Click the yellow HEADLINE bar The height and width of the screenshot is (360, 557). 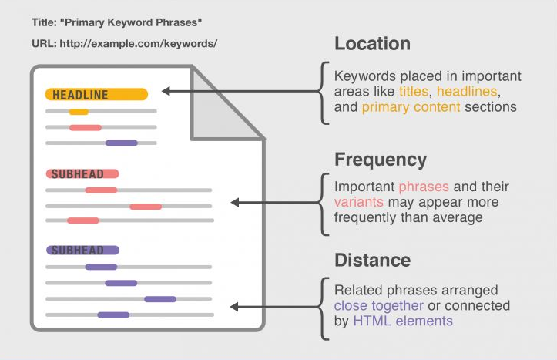click(x=96, y=95)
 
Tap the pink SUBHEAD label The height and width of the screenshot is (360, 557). click(x=82, y=173)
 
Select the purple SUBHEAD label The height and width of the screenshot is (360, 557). click(x=82, y=251)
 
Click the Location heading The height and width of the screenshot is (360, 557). click(x=372, y=44)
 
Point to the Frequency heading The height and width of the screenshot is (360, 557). click(x=381, y=160)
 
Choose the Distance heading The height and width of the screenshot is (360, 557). click(x=372, y=260)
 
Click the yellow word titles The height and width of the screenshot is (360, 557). click(x=414, y=91)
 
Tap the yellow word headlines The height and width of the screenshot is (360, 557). click(x=467, y=91)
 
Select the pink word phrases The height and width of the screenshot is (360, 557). click(x=424, y=187)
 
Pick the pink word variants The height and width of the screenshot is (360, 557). click(x=359, y=202)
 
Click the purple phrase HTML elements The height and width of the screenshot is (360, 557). click(x=403, y=321)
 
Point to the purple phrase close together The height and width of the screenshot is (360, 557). click(x=379, y=305)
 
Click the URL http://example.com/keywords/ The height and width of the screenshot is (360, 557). click(x=139, y=44)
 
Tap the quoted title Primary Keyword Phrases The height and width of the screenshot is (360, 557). click(x=131, y=22)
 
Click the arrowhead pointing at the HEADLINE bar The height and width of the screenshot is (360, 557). click(x=166, y=91)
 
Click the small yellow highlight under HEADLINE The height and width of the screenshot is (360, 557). click(x=79, y=112)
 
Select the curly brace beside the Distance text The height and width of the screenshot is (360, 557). click(x=324, y=308)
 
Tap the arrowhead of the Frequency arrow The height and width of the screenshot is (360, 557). click(x=235, y=203)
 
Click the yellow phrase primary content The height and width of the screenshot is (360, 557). click(x=411, y=107)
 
